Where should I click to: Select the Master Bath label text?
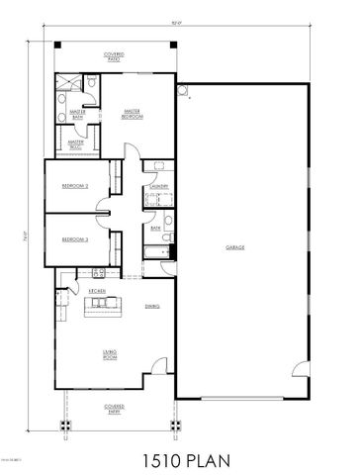point(76,116)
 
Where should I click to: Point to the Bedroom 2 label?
point(75,186)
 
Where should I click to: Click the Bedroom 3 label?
point(75,239)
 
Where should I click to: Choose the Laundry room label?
point(156,187)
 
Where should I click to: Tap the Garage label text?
point(234,247)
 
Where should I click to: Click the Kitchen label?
point(98,291)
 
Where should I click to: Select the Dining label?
point(152,307)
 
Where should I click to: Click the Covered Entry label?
point(116,408)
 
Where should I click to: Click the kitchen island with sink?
point(102,305)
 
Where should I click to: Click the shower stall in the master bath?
point(67,84)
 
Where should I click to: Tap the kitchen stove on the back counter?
point(97,273)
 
